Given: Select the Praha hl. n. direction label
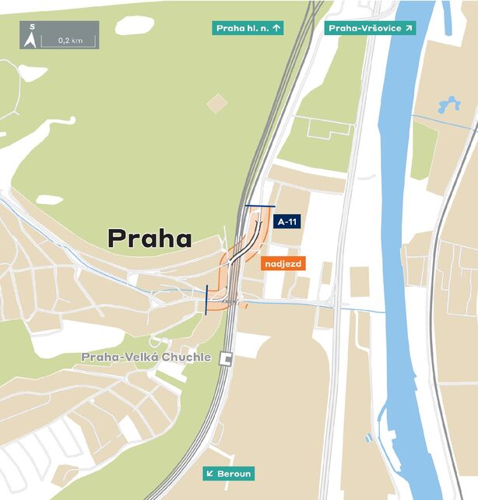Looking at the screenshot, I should tap(248, 28).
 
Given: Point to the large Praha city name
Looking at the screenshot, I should tap(149, 238).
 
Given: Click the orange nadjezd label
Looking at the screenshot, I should tap(283, 263).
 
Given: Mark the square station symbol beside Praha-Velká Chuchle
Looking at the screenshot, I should tap(227, 357).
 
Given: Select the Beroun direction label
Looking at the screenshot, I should tap(229, 474).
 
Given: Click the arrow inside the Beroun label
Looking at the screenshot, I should tap(210, 474).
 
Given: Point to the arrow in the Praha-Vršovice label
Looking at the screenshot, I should tap(406, 28).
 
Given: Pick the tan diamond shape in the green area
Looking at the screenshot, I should tap(218, 103).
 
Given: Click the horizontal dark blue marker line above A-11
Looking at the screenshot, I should tap(259, 206).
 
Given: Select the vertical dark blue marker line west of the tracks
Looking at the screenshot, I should tap(206, 299).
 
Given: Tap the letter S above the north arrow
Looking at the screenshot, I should tap(32, 27).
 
